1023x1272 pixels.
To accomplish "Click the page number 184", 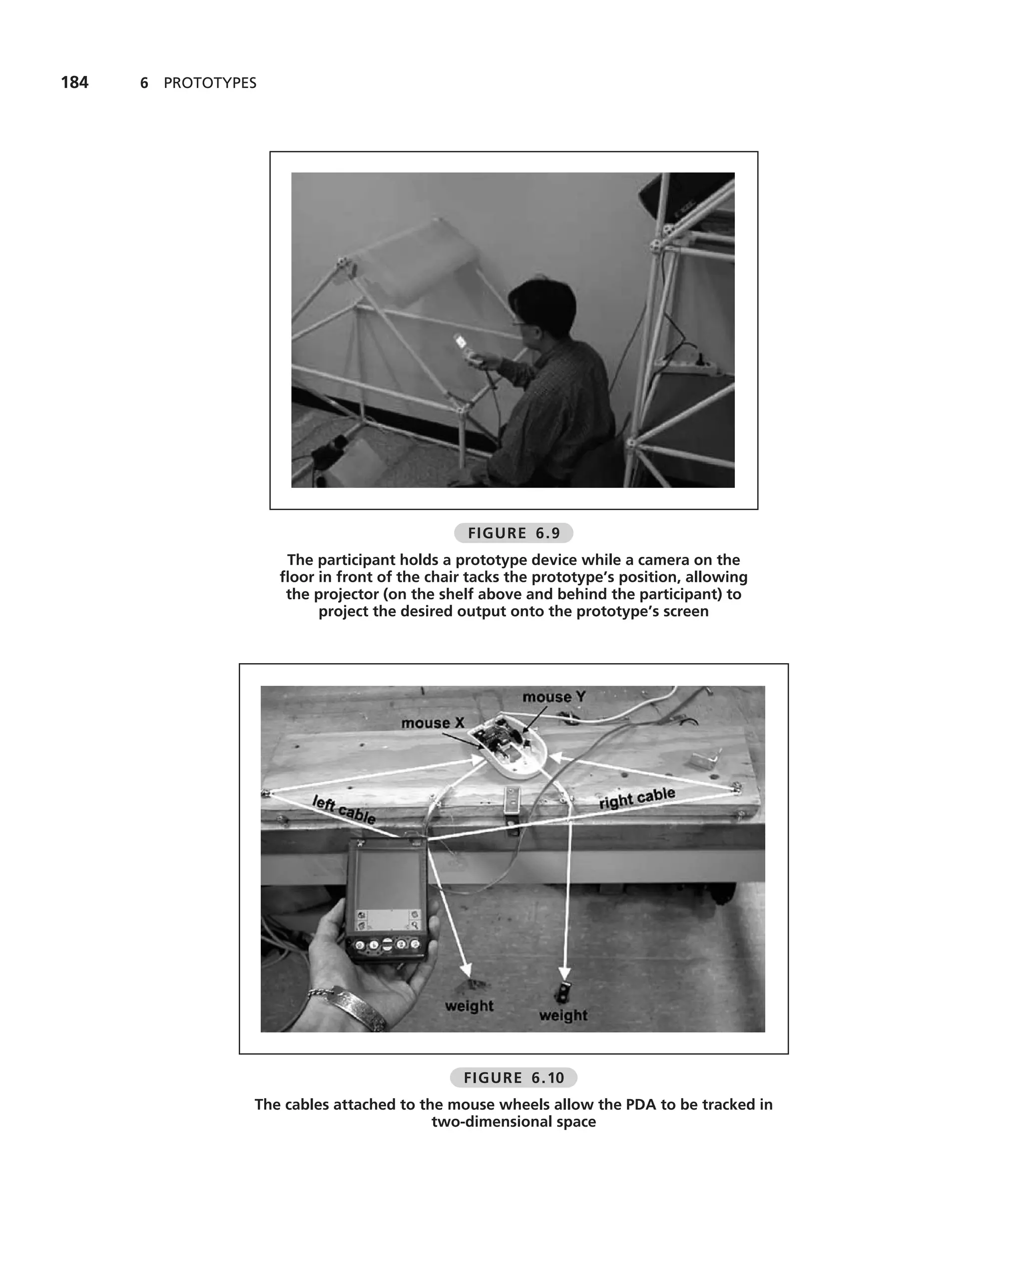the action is pyautogui.click(x=75, y=82).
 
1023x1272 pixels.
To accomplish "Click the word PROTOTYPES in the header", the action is pyautogui.click(x=210, y=83).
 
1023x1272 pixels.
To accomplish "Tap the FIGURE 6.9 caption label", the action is pyautogui.click(x=513, y=533).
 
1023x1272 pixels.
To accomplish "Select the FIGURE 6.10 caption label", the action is pyautogui.click(x=513, y=1078).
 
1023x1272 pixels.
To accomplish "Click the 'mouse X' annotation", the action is pyautogui.click(x=433, y=723).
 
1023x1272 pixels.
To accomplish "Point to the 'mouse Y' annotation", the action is pyautogui.click(x=554, y=697).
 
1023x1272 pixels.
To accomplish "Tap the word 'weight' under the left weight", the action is pyautogui.click(x=469, y=1005).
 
